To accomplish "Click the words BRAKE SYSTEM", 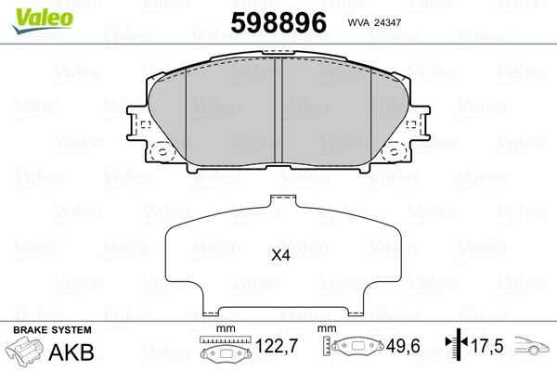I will (x=52, y=329).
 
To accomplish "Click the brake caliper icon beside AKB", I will (x=26, y=353).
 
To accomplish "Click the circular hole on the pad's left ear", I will (x=162, y=152).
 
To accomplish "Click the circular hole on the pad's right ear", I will (x=398, y=152).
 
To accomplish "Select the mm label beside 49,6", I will (x=328, y=328).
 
